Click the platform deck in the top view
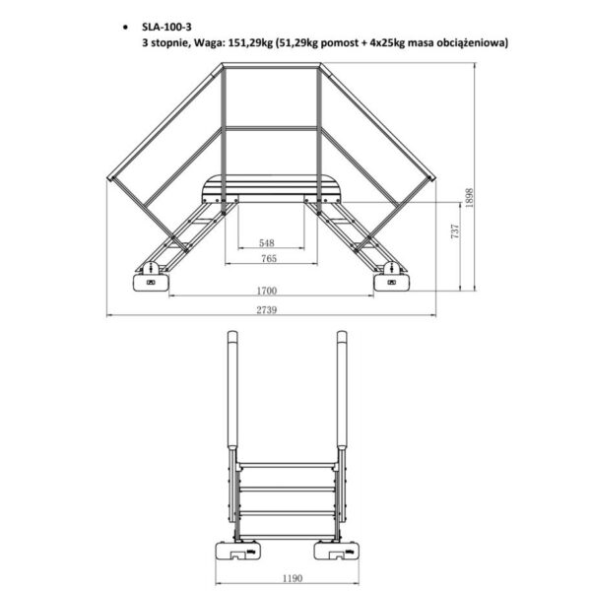pos(271,186)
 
